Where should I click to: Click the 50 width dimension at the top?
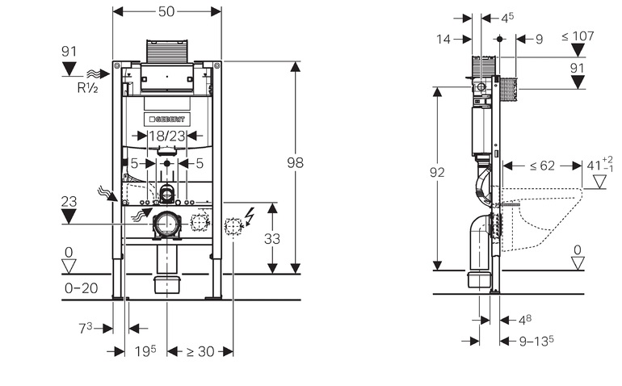[x=166, y=12]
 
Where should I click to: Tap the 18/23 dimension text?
[x=166, y=136]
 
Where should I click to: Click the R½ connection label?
[x=87, y=88]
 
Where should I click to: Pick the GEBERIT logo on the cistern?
[x=166, y=119]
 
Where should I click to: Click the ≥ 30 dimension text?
[x=200, y=351]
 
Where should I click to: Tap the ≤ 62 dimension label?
[x=542, y=166]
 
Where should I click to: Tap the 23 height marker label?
[x=69, y=202]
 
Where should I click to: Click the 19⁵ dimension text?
[x=145, y=351]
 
